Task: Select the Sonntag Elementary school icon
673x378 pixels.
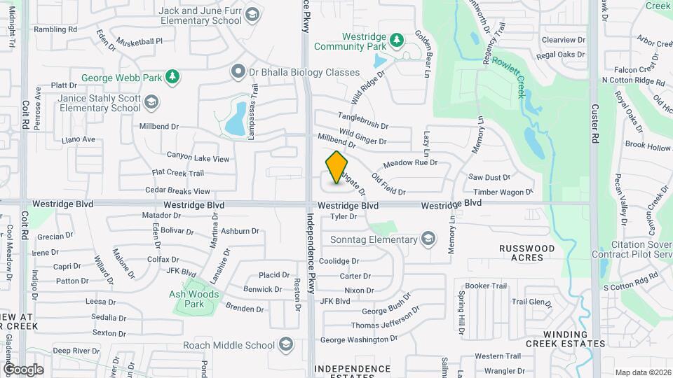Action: [427, 240]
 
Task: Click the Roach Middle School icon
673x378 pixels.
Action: [285, 344]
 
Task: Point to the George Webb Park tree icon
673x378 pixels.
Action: [171, 78]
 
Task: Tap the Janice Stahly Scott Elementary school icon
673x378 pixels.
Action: [151, 103]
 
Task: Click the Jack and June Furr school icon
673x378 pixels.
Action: [251, 15]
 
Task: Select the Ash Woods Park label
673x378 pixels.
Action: [194, 299]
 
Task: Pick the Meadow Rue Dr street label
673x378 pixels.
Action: [410, 162]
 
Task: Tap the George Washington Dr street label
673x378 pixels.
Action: [358, 339]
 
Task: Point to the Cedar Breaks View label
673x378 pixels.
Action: [177, 190]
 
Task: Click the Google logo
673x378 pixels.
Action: [23, 369]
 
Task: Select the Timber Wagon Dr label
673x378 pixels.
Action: [503, 191]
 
